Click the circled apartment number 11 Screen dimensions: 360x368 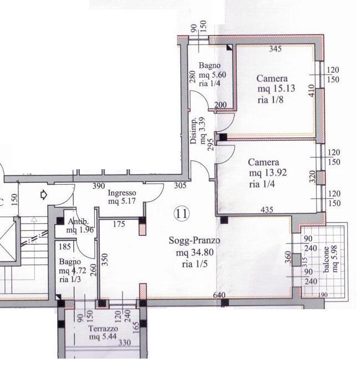coord(182,214)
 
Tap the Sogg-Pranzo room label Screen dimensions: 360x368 coord(195,240)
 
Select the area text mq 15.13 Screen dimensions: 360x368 coord(276,88)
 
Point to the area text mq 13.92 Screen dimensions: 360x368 coord(268,173)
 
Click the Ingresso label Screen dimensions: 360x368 coord(122,193)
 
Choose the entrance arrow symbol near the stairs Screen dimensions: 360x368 coord(44,195)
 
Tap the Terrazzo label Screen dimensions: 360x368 coord(103,329)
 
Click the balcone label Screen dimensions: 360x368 coord(326,259)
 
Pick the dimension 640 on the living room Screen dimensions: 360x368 coord(219,295)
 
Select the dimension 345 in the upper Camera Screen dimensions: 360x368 coord(275,49)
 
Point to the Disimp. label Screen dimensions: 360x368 coord(194,131)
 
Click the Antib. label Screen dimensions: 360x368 coord(78,221)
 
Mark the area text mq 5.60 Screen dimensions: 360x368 coord(212,75)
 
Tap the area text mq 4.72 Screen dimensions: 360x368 coord(73,271)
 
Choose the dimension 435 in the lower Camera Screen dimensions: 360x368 coord(267,209)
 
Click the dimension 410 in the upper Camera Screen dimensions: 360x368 coord(311,90)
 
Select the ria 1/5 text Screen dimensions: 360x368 coord(195,264)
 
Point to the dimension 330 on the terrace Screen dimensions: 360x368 coord(125,343)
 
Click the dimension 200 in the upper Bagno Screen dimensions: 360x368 coord(220,105)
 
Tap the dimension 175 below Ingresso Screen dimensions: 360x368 coord(119,224)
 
